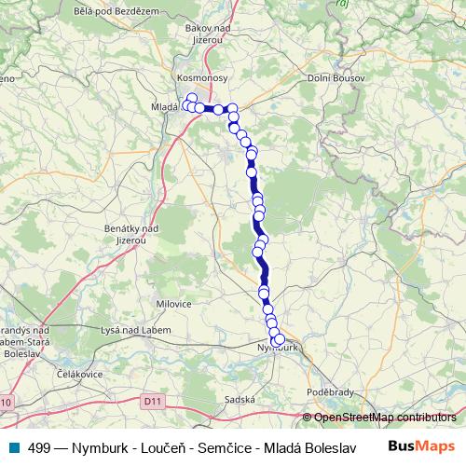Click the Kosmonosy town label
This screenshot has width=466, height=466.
pyautogui.click(x=202, y=78)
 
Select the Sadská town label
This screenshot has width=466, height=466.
pyautogui.click(x=240, y=399)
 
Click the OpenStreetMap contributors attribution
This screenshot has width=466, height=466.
pyautogui.click(x=383, y=417)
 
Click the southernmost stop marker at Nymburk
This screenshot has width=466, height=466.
pyautogui.click(x=277, y=342)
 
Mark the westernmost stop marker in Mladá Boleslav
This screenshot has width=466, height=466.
pyautogui.click(x=185, y=105)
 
